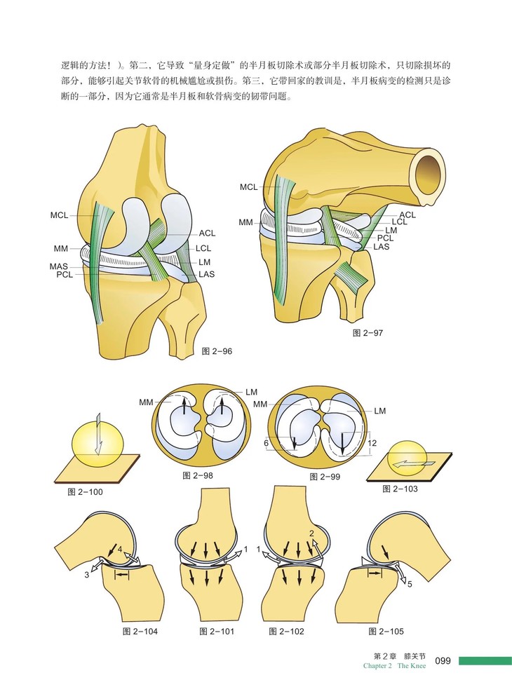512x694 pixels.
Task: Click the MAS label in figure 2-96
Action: [x=58, y=266]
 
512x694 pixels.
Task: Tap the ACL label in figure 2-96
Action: [x=208, y=233]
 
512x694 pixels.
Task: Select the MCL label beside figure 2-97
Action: [x=248, y=187]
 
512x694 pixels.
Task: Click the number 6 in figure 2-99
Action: [x=267, y=442]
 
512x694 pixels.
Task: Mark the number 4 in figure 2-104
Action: [x=120, y=547]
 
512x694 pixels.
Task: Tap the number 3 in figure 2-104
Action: [x=86, y=575]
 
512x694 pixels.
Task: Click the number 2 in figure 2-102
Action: [x=311, y=533]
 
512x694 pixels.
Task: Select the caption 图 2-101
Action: [x=217, y=632]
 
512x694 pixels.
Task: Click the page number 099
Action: [x=446, y=661]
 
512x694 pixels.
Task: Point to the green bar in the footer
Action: [x=485, y=661]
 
